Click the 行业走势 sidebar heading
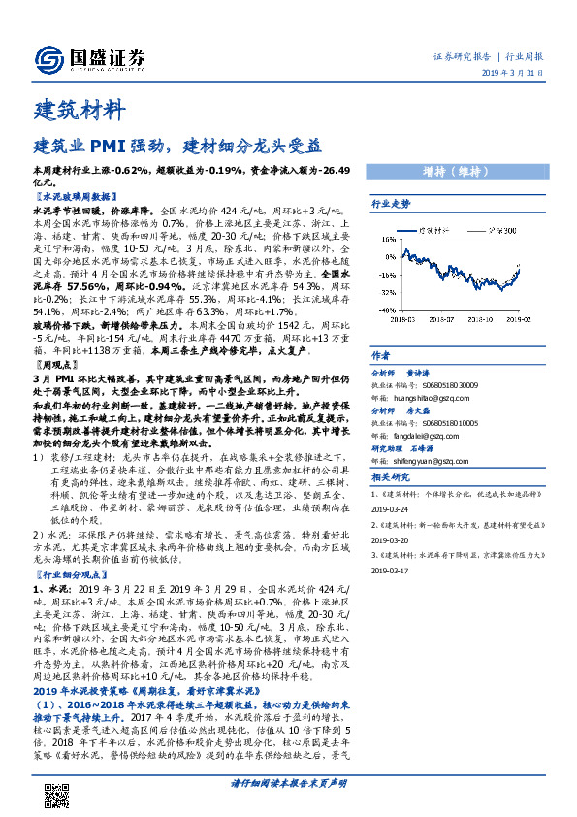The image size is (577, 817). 392,204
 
